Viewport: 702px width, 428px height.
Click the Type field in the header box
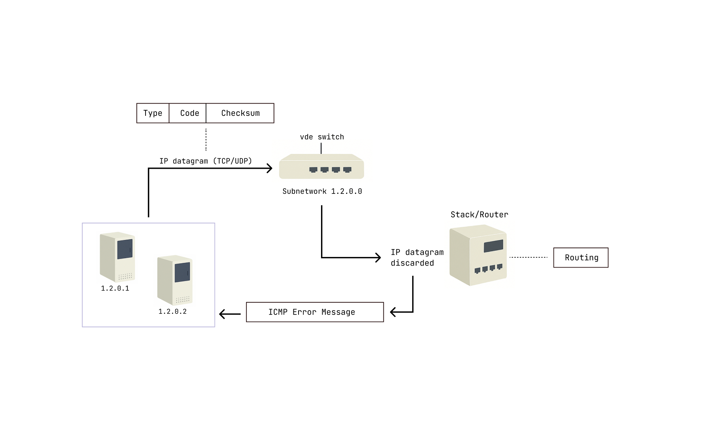(153, 113)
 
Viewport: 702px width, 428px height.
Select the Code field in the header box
(189, 113)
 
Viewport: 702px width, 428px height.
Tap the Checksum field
(240, 113)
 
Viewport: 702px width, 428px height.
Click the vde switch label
(322, 137)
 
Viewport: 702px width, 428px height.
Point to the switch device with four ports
(321, 167)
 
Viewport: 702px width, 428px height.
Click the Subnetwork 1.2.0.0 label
(322, 191)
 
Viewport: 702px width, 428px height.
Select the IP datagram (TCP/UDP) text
(205, 161)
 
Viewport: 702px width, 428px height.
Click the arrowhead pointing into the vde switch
(270, 168)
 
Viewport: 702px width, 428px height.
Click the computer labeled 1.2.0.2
(175, 279)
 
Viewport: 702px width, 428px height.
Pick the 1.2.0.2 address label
(172, 311)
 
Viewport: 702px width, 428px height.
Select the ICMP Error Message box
(315, 312)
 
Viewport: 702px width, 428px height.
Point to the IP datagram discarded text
(416, 257)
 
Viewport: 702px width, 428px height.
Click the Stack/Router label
(479, 214)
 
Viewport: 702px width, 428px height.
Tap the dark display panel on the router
(493, 246)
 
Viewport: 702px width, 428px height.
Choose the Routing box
(581, 257)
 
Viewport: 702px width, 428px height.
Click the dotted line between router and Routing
(528, 257)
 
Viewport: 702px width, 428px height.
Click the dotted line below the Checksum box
(206, 140)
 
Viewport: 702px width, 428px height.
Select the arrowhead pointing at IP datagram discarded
(378, 258)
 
